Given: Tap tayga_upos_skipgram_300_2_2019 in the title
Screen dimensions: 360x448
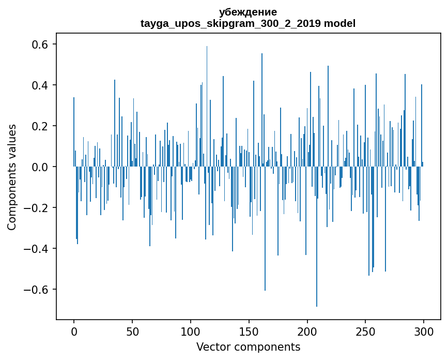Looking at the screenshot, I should tap(231, 23).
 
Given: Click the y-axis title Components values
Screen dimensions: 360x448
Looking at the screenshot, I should tap(11, 177).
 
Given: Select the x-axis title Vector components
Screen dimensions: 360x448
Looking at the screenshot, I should tap(248, 347).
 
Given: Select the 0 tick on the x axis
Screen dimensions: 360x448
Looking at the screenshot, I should tap(74, 331).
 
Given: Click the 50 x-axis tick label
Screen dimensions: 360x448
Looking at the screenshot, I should tap(132, 331).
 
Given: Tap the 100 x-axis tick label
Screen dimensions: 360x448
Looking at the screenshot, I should tap(191, 331).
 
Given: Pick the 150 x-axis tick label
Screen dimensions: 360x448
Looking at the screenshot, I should tap(249, 331).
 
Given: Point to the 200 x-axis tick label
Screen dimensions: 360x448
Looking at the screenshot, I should tap(307, 331).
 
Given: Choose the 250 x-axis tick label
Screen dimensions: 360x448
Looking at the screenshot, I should tap(365, 331).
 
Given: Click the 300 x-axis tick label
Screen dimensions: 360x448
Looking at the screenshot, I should tap(424, 331).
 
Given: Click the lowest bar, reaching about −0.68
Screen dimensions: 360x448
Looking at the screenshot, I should tap(317, 259).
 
